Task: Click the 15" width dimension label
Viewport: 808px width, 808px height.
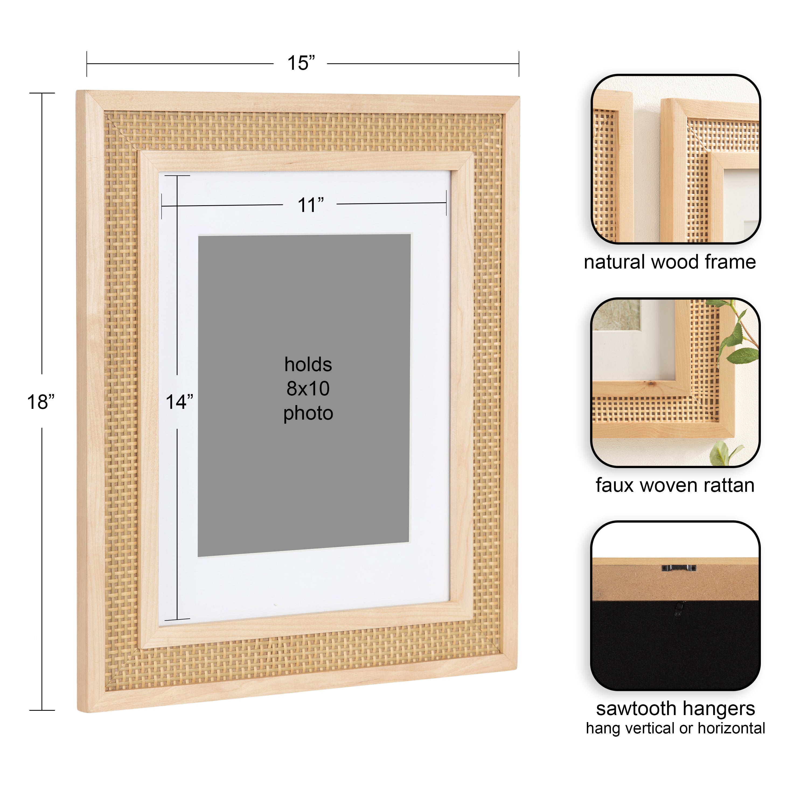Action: point(301,63)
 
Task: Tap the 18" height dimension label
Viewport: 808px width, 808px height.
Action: point(41,402)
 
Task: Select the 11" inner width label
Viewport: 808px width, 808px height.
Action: point(310,205)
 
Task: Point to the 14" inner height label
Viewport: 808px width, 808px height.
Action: point(179,402)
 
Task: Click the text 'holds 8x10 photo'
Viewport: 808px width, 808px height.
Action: point(308,389)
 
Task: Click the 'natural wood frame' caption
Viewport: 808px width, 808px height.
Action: point(670,262)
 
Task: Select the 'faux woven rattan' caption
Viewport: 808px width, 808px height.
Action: point(675,486)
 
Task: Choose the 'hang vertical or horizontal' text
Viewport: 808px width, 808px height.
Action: point(675,728)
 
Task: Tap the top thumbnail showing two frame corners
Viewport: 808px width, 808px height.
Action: point(675,159)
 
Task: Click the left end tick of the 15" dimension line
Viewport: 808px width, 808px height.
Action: point(87,64)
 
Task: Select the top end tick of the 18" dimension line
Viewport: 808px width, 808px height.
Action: point(42,93)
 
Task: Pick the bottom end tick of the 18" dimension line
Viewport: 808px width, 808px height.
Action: point(42,710)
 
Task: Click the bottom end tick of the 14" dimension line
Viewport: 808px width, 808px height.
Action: point(177,619)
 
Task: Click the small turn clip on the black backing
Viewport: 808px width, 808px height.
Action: point(678,610)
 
